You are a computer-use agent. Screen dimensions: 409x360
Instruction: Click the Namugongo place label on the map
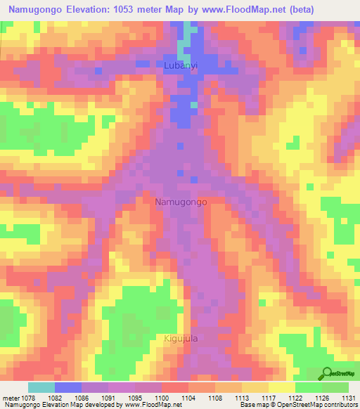180,202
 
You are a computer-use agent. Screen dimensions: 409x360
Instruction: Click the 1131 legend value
348,397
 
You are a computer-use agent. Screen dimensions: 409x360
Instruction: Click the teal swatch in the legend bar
41,387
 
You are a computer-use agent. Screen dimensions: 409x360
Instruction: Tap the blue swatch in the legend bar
68,387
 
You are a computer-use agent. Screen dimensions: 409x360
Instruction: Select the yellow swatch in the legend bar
283,387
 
